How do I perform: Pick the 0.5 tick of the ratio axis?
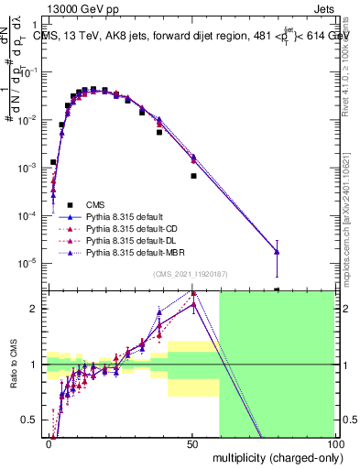coord(35,420)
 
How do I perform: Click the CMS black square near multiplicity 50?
coord(193,176)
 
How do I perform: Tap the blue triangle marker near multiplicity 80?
coord(277,252)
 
